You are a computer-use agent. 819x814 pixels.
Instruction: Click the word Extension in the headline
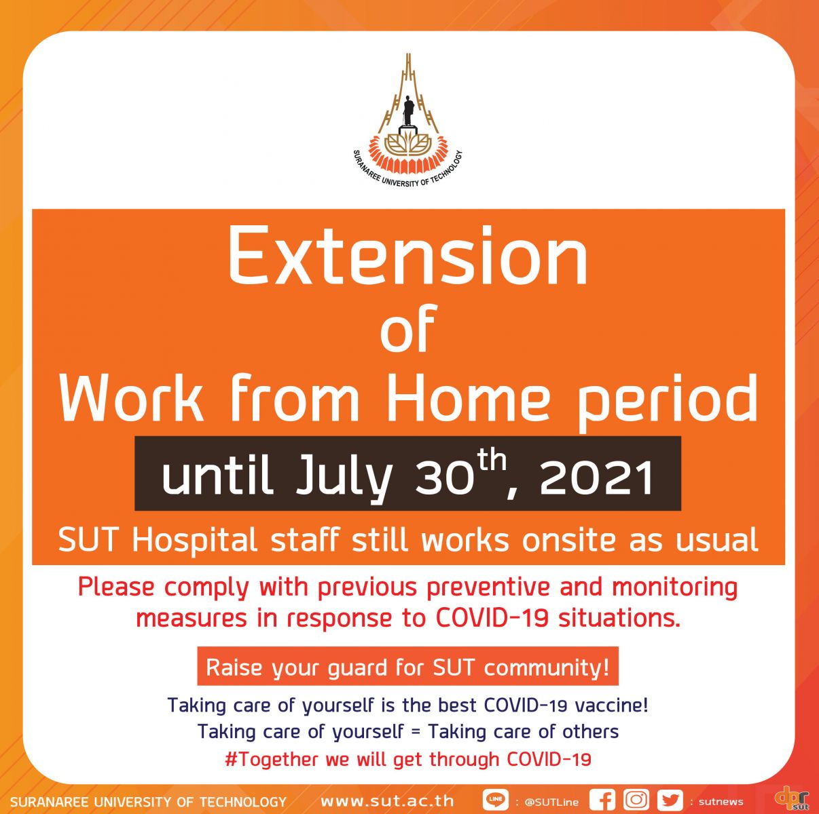tap(408, 256)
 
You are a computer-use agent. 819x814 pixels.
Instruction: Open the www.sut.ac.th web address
tap(387, 801)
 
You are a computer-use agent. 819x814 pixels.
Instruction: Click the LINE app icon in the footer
tap(496, 800)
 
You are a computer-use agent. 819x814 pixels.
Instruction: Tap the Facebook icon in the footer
tap(602, 800)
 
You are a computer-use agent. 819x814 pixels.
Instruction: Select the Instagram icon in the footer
tap(636, 800)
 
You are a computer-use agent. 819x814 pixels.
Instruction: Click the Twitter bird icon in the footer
tap(670, 800)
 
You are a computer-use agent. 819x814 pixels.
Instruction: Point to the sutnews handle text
tap(721, 802)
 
